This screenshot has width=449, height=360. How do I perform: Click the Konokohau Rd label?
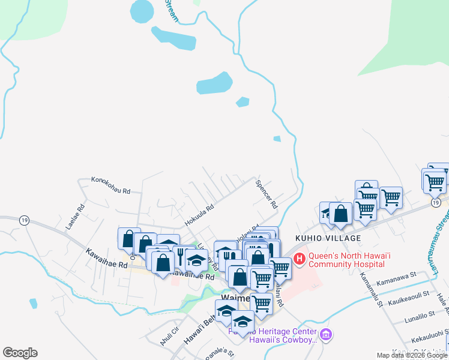(110, 179)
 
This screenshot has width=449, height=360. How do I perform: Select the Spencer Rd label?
(266, 194)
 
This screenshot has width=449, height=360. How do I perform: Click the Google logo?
(20, 353)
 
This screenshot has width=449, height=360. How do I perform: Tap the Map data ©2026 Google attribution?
(412, 355)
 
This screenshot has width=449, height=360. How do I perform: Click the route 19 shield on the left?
(23, 220)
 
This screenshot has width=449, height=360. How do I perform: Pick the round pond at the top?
(142, 10)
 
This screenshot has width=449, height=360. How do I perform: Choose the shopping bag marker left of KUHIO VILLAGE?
(340, 214)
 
